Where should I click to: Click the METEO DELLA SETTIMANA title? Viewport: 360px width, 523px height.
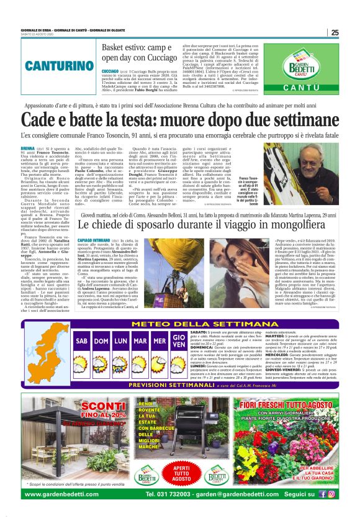point(179,324)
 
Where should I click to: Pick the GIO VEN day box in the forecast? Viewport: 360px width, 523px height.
point(178,354)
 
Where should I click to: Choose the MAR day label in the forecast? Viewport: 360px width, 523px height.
point(140,342)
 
